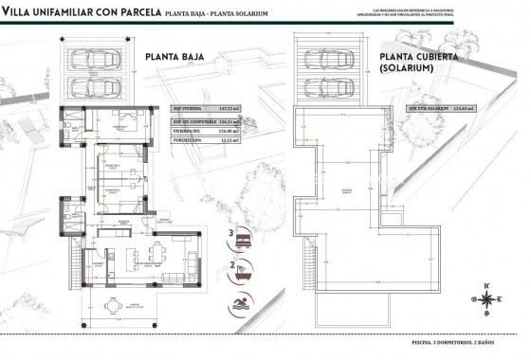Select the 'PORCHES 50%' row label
pyautogui.click(x=187, y=140)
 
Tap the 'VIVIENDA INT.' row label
pyautogui.click(x=187, y=131)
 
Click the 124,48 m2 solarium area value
pyautogui.click(x=463, y=109)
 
